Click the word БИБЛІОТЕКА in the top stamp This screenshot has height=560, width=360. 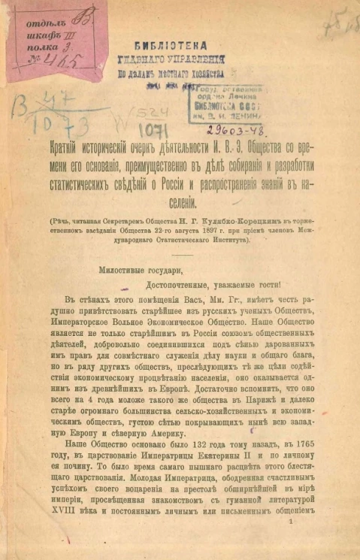[x=181, y=44]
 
